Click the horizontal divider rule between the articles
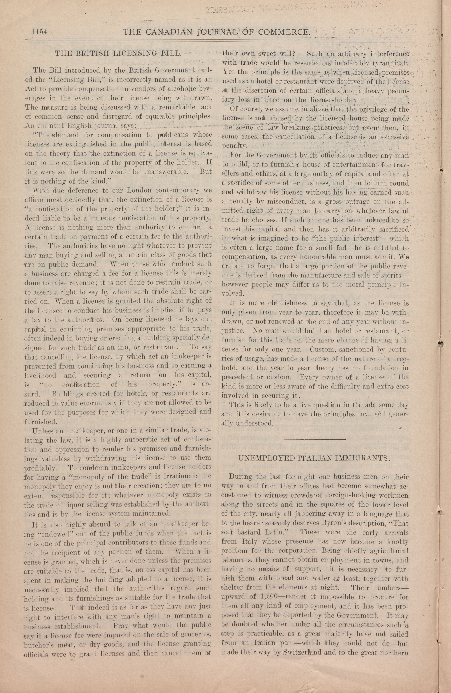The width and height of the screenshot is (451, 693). click(314, 439)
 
